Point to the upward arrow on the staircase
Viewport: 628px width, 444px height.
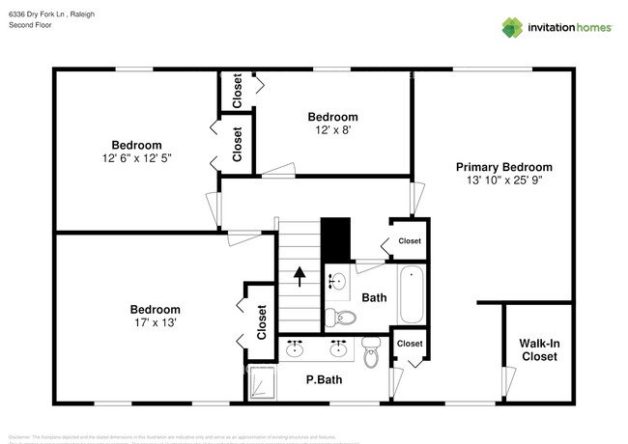pyautogui.click(x=300, y=278)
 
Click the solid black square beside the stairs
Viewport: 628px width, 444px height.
pyautogui.click(x=334, y=236)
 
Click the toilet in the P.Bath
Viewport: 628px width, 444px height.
pyautogui.click(x=371, y=353)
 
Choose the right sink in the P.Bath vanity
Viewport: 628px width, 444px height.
pyautogui.click(x=339, y=347)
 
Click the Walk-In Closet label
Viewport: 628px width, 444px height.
pyautogui.click(x=539, y=349)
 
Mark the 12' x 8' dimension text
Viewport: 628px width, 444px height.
pyautogui.click(x=332, y=129)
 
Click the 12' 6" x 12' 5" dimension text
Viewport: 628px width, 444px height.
pyautogui.click(x=135, y=158)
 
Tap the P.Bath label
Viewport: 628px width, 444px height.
pyautogui.click(x=324, y=379)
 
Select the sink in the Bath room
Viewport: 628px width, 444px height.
pyautogui.click(x=337, y=281)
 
